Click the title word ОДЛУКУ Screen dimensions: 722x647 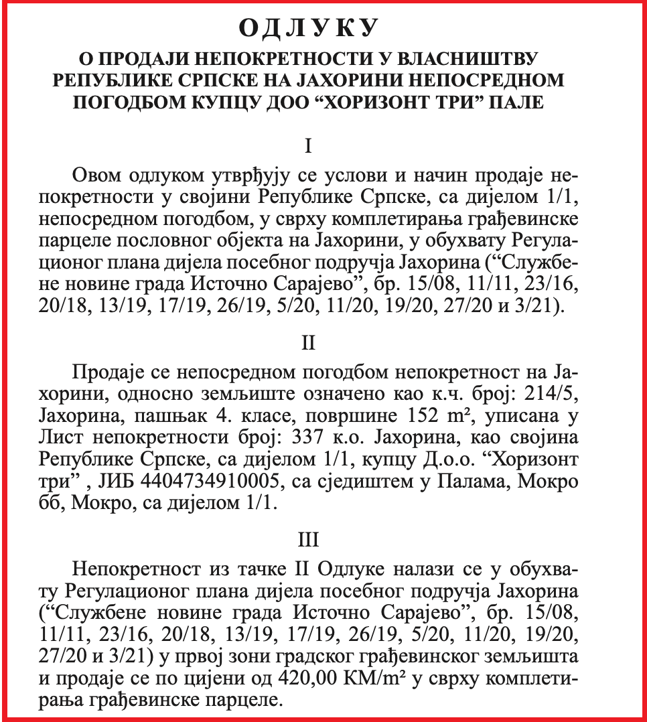coord(309,28)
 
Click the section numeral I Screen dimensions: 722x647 coord(309,146)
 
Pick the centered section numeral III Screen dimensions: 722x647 coord(309,540)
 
